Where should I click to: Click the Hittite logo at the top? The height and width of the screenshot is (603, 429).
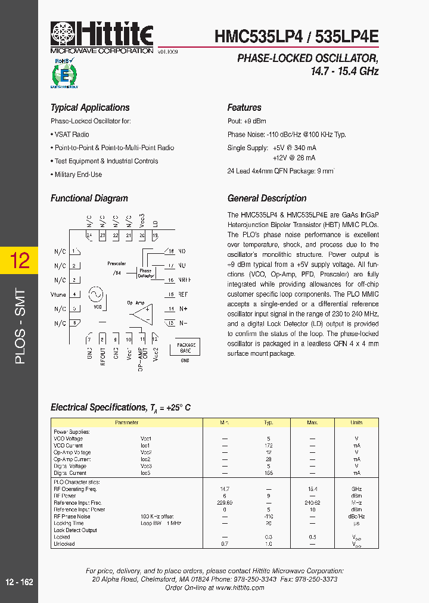click(102, 35)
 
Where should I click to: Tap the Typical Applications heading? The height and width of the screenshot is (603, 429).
click(90, 108)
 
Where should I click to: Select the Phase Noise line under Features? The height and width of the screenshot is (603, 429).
click(286, 135)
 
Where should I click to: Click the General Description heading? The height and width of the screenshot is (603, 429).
click(267, 198)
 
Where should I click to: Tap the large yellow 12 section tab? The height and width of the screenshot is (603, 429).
click(18, 260)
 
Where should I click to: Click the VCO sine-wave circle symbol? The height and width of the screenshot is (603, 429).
click(95, 294)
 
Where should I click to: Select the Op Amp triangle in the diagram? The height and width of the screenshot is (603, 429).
click(141, 313)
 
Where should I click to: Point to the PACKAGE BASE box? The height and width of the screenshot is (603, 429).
click(186, 348)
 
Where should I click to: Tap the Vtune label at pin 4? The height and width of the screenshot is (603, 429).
click(58, 294)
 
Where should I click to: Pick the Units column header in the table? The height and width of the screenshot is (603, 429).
click(356, 422)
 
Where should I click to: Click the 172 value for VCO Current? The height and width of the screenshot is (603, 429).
click(268, 446)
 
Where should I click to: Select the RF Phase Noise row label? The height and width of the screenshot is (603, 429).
click(72, 516)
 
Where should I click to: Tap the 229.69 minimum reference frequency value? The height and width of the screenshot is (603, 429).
click(225, 502)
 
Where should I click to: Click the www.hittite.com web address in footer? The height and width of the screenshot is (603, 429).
click(240, 588)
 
